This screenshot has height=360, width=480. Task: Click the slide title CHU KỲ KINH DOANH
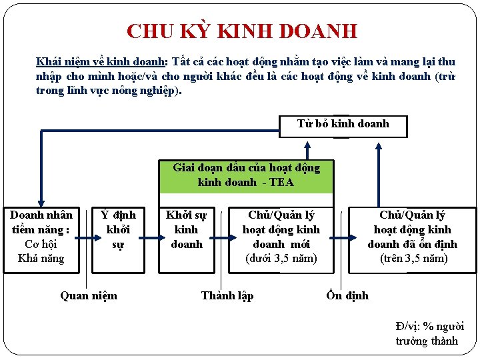pyautogui.click(x=242, y=31)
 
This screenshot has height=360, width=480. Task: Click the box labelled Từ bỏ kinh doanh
pyautogui.click(x=343, y=124)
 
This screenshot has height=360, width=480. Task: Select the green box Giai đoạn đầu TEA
pyautogui.click(x=246, y=175)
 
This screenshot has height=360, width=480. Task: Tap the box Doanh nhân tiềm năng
pyautogui.click(x=41, y=237)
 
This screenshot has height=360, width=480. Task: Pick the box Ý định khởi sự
pyautogui.click(x=117, y=230)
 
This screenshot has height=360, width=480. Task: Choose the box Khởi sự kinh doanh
pyautogui.click(x=186, y=230)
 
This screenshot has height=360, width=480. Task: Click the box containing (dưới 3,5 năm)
pyautogui.click(x=281, y=237)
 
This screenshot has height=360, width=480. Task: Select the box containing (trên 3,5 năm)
pyautogui.click(x=412, y=237)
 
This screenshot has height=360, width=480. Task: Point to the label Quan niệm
pyautogui.click(x=89, y=295)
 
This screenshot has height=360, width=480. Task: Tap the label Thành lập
pyautogui.click(x=227, y=295)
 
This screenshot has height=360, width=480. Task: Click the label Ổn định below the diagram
pyautogui.click(x=347, y=295)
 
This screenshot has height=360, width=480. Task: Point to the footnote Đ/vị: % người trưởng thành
pyautogui.click(x=429, y=333)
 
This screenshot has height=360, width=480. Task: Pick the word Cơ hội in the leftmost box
pyautogui.click(x=41, y=244)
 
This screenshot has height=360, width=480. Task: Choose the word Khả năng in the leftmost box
pyautogui.click(x=41, y=259)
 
